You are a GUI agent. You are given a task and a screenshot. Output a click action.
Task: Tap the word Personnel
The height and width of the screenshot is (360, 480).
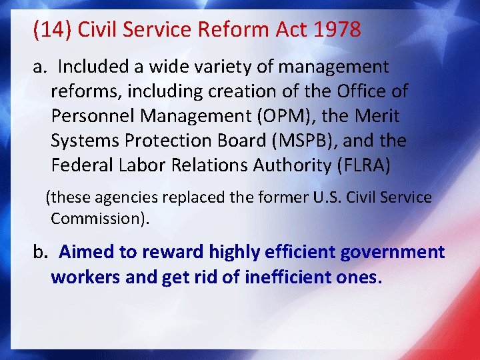(x=96, y=116)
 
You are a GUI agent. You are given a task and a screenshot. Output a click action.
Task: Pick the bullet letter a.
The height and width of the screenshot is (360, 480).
(x=39, y=67)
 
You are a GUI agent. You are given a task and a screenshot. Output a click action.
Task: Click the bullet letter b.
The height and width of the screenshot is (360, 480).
(x=40, y=252)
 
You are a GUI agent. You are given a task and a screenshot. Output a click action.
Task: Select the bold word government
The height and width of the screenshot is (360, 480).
(x=392, y=252)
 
